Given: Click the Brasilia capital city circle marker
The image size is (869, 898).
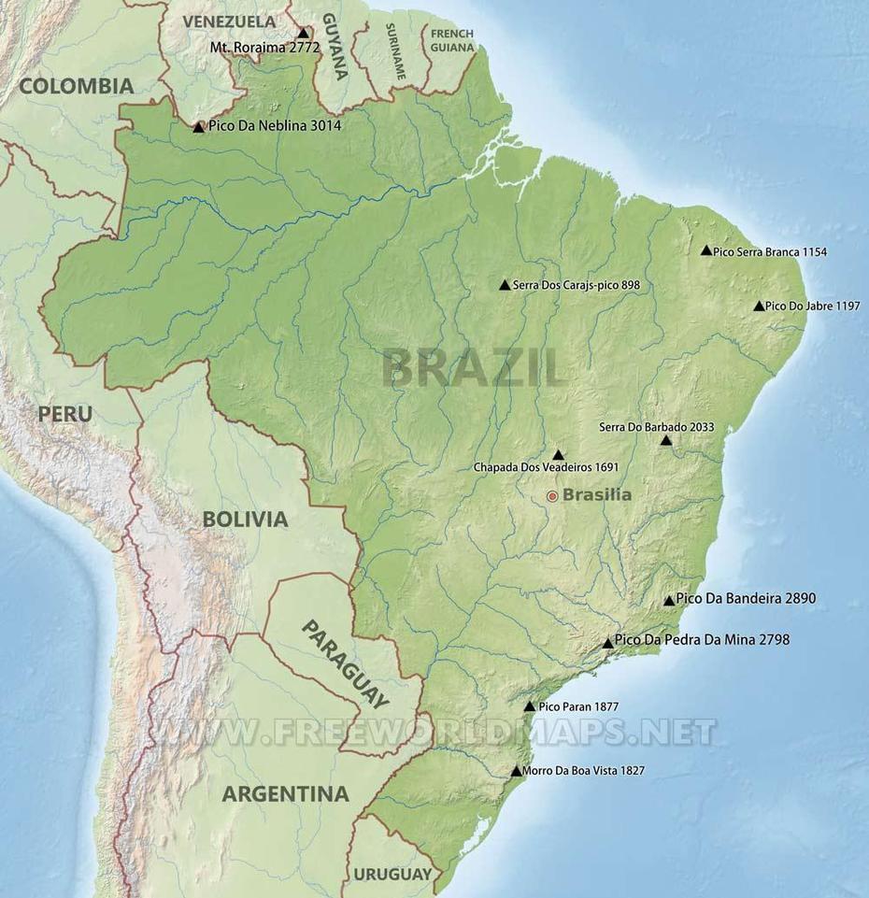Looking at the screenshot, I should (552, 495).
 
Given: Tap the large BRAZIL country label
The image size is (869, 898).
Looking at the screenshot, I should (473, 367).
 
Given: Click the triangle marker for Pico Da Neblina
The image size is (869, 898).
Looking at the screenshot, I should (198, 127).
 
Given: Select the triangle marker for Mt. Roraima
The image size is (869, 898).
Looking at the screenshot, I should (302, 33).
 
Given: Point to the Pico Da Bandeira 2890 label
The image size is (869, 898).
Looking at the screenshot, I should (746, 598).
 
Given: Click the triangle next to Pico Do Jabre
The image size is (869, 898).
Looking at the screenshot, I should (759, 306).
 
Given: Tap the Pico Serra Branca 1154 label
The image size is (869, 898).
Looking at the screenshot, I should (769, 251).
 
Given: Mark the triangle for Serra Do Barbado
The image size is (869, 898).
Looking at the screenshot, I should (666, 440).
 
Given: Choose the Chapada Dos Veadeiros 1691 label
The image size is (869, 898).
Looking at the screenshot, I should (546, 467).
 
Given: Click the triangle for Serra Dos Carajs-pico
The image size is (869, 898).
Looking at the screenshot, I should (505, 285).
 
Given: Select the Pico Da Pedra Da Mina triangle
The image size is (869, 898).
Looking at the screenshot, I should (608, 643).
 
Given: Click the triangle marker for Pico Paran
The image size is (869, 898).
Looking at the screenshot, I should (530, 707).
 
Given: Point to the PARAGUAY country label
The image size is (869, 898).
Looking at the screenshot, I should (345, 664).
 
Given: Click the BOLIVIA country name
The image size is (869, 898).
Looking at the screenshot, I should (245, 520).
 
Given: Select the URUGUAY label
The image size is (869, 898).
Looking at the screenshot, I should (392, 875).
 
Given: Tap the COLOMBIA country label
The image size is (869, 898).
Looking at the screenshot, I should (77, 86).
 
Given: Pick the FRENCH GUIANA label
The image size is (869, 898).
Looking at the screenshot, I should (451, 39).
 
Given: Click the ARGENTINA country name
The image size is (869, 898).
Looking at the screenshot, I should (285, 794).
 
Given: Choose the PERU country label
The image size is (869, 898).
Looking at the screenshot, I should (64, 413).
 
